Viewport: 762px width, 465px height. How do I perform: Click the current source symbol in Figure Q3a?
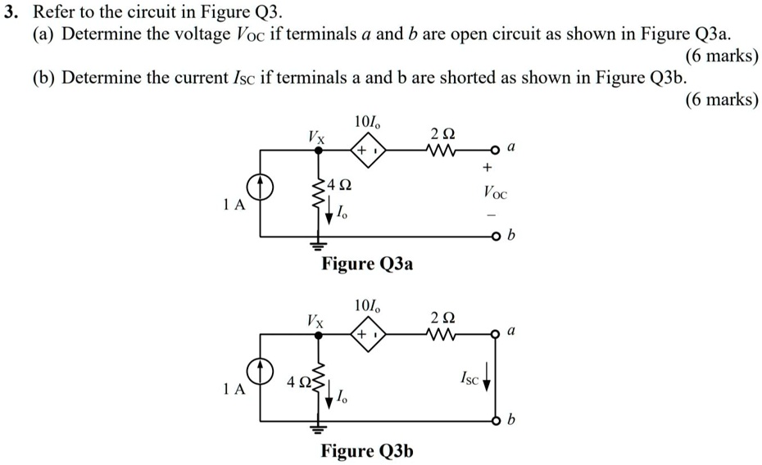coord(262,188)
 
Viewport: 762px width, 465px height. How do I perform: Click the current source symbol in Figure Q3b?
coord(262,372)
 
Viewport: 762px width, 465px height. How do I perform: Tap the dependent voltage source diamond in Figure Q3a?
coord(365,151)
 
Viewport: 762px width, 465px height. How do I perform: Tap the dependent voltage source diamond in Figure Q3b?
coord(365,335)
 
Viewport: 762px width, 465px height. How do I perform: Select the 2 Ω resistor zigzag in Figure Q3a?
coord(441,151)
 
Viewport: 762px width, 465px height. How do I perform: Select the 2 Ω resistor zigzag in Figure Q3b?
coord(441,334)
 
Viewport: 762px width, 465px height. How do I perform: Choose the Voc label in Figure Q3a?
coord(495,195)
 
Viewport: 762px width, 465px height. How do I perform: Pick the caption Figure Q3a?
coord(367,264)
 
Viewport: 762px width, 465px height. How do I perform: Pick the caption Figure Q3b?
coord(367,450)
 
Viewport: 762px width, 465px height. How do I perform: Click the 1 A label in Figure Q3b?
coord(234,390)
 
